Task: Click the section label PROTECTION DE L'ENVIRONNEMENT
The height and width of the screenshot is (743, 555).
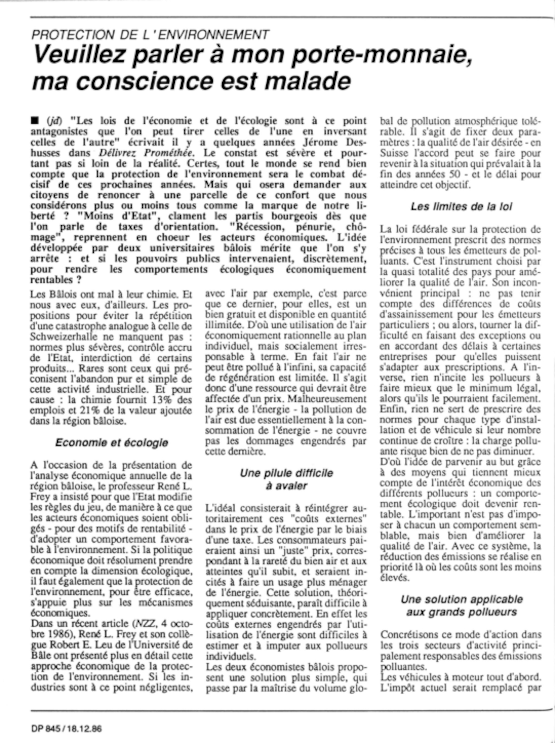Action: pyautogui.click(x=150, y=35)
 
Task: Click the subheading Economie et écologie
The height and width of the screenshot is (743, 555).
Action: pyautogui.click(x=112, y=443)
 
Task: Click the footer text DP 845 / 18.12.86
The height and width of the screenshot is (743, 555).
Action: pyautogui.click(x=67, y=729)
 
